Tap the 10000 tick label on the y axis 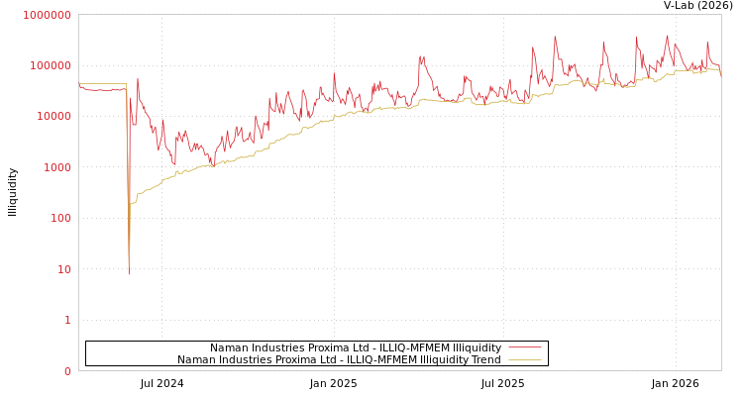point(53,117)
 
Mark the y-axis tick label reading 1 point(67,320)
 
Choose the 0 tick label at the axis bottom point(67,371)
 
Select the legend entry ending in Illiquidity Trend point(339,360)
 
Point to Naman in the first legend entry point(230,348)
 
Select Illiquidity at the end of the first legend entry point(477,348)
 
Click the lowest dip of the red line point(129,273)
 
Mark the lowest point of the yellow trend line point(130,255)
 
